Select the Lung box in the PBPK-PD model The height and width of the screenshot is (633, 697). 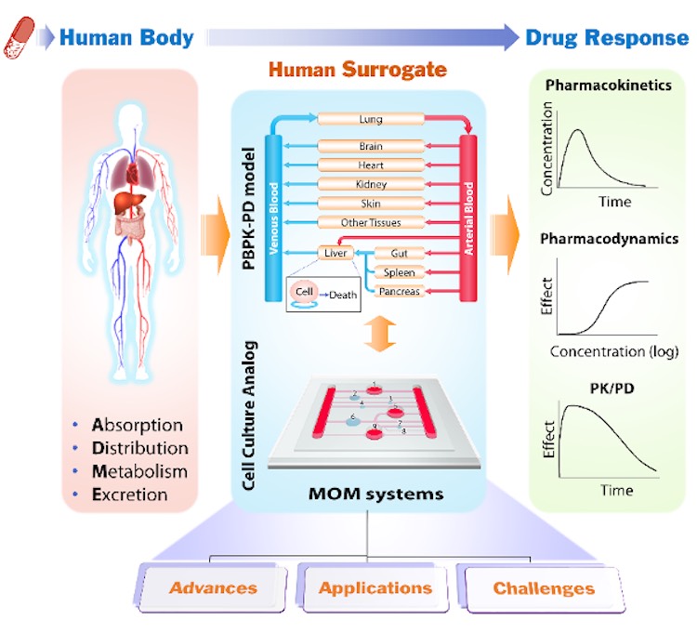(x=371, y=119)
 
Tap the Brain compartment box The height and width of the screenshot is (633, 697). (x=371, y=146)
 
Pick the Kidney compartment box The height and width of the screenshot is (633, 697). (x=371, y=184)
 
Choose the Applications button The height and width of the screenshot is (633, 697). (x=375, y=587)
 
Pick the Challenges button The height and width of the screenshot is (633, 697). (x=544, y=587)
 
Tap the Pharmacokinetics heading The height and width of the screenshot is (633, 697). (x=608, y=86)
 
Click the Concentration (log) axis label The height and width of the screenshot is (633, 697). (x=614, y=351)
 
